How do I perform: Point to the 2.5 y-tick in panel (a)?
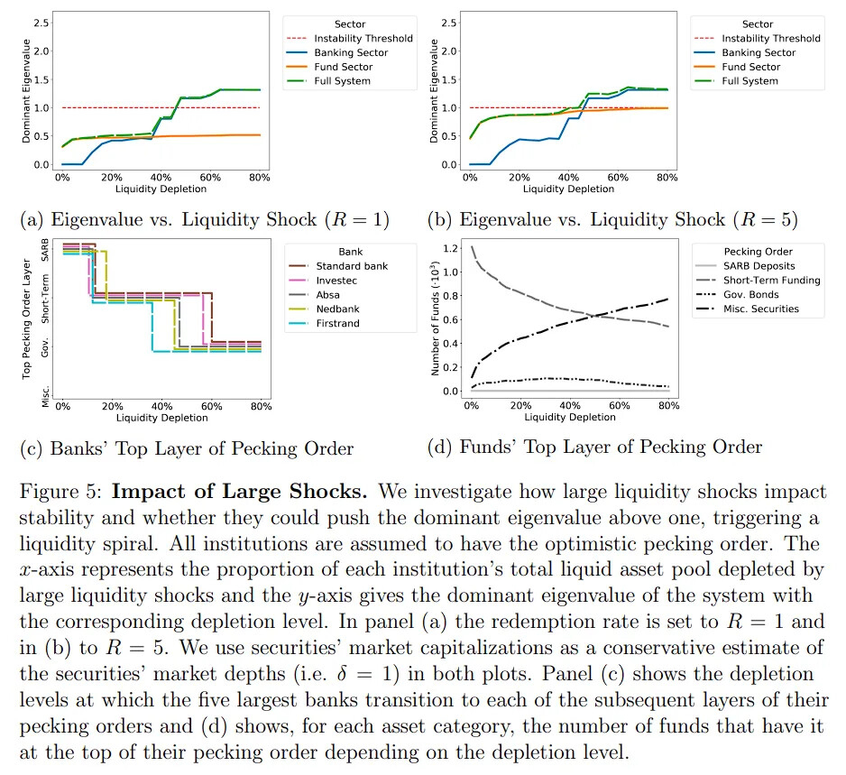41,23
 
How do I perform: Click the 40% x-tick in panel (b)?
568,177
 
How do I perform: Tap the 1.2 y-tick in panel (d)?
450,248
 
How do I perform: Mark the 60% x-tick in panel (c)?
211,406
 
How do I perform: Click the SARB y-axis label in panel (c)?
45,250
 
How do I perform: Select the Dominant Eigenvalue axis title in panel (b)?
434,90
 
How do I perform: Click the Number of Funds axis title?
436,318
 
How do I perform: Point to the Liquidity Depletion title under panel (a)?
161,189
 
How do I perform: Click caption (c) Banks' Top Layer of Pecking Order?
187,448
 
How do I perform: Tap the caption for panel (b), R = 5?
612,219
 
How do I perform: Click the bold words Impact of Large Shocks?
240,492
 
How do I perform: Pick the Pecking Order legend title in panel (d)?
758,252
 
